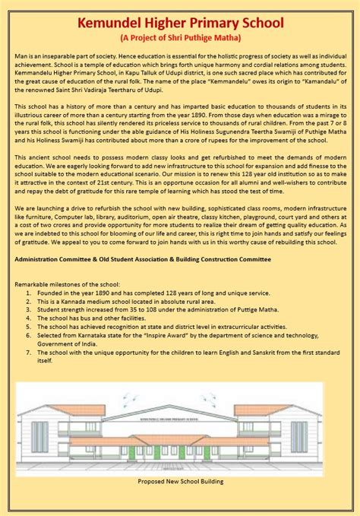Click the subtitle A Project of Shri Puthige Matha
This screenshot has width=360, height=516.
(x=179, y=38)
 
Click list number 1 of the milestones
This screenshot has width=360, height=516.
(x=29, y=291)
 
